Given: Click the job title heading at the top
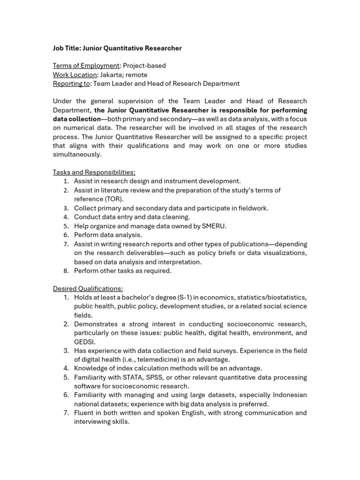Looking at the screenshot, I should tap(117, 48).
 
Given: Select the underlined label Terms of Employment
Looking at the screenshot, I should tap(86, 66).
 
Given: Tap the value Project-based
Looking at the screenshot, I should tap(144, 66).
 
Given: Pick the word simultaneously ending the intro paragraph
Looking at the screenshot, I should tap(77, 155).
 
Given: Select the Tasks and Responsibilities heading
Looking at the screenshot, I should tap(94, 172).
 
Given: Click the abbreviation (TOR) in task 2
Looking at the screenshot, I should tap(113, 199).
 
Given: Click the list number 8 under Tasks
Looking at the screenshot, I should tap(66, 271).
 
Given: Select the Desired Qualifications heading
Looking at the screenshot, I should tap(88, 289).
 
